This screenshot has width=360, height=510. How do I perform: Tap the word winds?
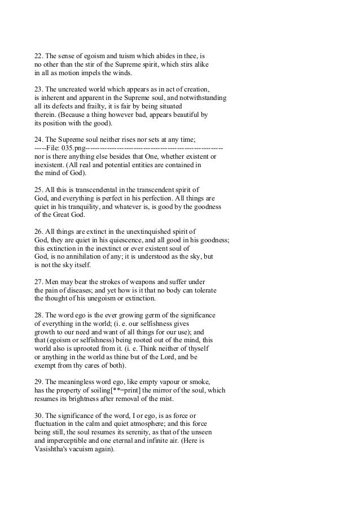[x=120, y=73]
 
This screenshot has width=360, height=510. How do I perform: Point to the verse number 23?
[x=39, y=90]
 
